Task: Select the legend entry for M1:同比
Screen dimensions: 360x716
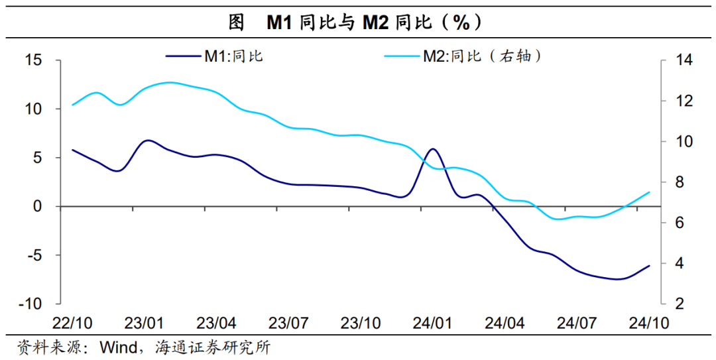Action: [x=215, y=56]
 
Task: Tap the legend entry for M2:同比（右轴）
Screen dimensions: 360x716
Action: [x=464, y=56]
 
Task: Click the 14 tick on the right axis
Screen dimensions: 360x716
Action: [x=684, y=60]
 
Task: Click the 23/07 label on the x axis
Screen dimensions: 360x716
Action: [x=288, y=324]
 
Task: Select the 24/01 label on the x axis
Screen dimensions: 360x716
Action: [x=433, y=324]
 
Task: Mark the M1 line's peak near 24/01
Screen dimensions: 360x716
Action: [x=432, y=149]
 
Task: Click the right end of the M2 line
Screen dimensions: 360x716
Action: [x=649, y=192]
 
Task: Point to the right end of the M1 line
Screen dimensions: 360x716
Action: [x=649, y=266]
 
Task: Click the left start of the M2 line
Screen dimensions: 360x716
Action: [x=72, y=105]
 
